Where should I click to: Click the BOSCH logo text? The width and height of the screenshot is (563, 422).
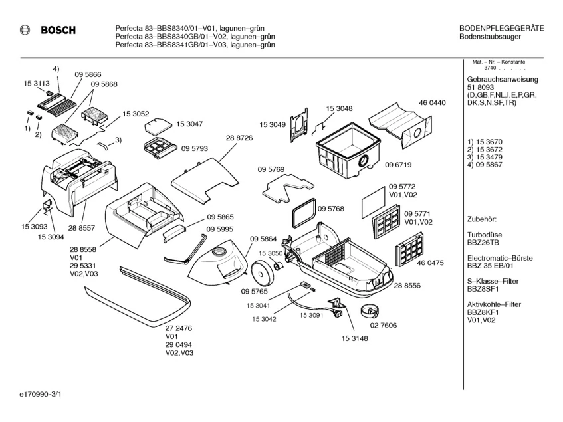tap(58, 30)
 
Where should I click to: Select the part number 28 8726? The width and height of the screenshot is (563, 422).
tap(239, 137)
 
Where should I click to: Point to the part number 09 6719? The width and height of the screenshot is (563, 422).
tap(398, 165)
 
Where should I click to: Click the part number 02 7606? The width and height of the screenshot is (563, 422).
tap(384, 325)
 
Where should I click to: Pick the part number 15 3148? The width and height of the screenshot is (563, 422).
tap(355, 338)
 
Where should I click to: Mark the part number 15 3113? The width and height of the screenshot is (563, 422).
tap(37, 84)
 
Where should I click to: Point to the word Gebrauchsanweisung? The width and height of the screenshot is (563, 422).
tap(503, 80)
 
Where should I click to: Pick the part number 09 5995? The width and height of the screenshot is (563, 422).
tap(220, 229)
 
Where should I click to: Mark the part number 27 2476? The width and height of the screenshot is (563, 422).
tap(178, 328)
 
